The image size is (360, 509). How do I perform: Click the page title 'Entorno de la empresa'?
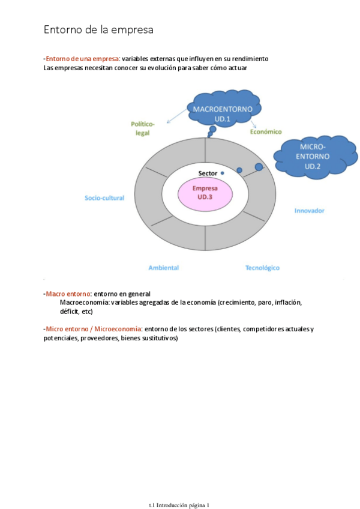98,29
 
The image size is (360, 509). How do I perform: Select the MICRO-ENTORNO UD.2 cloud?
313,155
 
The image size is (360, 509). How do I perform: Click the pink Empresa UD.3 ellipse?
206,192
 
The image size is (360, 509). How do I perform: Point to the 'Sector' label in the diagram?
208,173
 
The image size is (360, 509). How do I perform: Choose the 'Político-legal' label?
143,128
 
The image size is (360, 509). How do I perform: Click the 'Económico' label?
265,131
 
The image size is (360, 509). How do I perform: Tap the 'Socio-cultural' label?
105,197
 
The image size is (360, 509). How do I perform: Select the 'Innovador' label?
310,211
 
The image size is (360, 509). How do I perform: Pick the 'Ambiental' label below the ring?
163,268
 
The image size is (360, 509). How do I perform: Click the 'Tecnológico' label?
262,268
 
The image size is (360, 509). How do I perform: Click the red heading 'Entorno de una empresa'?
82,59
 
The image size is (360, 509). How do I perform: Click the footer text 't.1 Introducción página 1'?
179,505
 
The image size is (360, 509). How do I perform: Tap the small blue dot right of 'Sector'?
223,173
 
